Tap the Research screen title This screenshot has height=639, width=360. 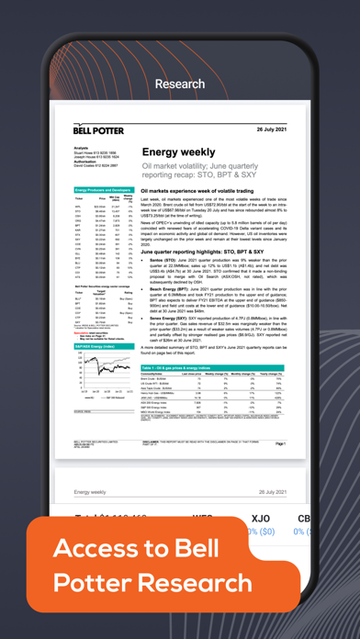tap(180, 84)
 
